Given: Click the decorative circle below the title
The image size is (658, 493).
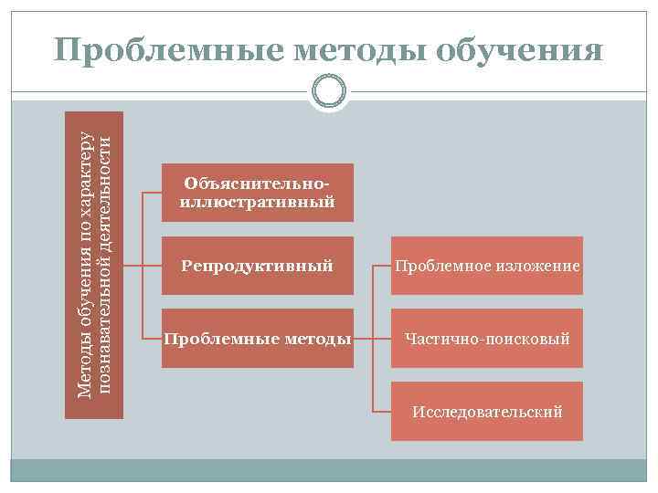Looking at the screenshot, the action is (x=328, y=90).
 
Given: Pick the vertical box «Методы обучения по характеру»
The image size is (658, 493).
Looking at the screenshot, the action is (x=94, y=265).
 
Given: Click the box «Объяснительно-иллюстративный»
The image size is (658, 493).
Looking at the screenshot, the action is (x=258, y=193).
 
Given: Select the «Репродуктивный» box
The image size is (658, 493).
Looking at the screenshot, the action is (x=258, y=266).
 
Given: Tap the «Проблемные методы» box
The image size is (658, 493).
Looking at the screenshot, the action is (x=258, y=339).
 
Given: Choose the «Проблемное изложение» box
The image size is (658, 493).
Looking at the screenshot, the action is (x=486, y=266).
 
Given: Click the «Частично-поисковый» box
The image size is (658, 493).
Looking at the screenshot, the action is (x=486, y=339).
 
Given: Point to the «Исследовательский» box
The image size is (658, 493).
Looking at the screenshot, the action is (x=486, y=412).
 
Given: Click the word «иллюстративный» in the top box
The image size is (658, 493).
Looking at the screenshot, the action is (x=258, y=202).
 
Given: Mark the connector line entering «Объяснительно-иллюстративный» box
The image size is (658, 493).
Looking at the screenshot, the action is (x=153, y=193).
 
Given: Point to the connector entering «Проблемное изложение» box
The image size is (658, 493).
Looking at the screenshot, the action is (x=382, y=266).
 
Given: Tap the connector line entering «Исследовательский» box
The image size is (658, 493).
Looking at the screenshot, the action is (x=382, y=412).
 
